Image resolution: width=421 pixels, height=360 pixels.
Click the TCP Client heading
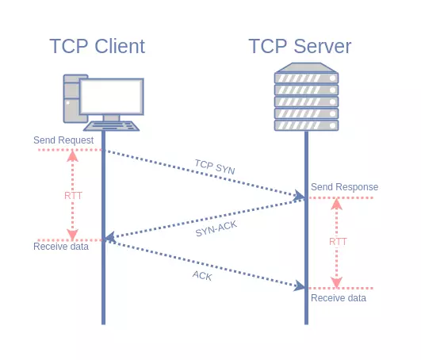[x=98, y=46]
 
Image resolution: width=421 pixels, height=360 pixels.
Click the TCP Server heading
[x=300, y=46]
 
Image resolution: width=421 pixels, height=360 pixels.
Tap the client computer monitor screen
[x=112, y=97]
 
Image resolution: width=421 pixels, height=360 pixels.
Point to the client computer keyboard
[x=111, y=126]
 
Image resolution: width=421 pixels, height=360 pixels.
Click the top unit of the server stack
[x=306, y=79]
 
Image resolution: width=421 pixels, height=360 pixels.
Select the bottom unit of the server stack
[x=306, y=125]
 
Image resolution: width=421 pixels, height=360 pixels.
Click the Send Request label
[x=63, y=140]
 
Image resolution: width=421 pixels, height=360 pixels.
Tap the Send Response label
[x=344, y=187]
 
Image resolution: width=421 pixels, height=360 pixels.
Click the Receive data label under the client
[x=61, y=247]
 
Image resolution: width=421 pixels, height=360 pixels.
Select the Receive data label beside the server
[x=339, y=298]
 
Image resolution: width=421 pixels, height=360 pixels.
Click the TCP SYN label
[x=215, y=167]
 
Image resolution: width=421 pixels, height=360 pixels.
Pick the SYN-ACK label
[x=216, y=228]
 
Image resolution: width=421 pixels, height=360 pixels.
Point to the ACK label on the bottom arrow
[x=202, y=275]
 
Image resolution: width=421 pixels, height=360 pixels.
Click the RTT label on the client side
[x=73, y=195]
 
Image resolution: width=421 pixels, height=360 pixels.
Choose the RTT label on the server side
[x=338, y=242]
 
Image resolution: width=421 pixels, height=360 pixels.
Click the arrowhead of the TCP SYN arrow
[x=300, y=195]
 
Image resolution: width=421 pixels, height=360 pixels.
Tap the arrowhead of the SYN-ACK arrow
[x=110, y=237]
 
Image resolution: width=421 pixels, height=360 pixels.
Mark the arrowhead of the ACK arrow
[x=300, y=286]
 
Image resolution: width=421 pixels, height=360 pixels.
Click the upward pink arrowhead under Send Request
[x=72, y=156]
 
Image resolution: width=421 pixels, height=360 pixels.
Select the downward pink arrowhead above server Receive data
[x=336, y=282]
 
